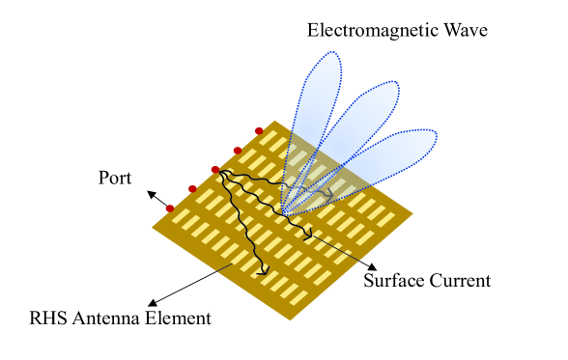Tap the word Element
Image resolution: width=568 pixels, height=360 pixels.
(180, 318)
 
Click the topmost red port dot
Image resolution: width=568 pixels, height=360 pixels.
(259, 131)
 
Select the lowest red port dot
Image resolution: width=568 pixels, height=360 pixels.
(170, 208)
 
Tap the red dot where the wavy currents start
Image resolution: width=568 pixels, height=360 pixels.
(215, 170)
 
